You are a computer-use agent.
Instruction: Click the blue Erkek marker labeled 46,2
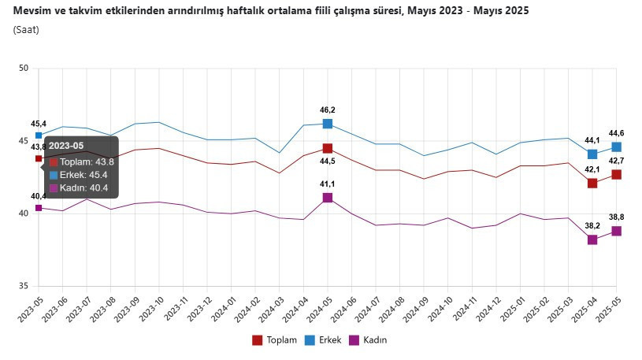pos(327,124)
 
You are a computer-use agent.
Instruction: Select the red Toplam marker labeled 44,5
pos(327,148)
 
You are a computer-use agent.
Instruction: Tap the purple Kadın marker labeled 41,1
pos(327,198)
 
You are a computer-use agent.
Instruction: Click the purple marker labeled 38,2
pos(592,239)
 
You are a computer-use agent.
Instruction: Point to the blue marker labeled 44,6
pos(616,147)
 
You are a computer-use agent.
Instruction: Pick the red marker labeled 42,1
pos(592,183)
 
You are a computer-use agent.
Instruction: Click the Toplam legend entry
pos(274,340)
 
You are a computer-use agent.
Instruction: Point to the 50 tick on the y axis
pos(23,69)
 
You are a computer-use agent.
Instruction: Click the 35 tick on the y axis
pos(23,286)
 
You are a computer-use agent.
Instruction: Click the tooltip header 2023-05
pos(65,147)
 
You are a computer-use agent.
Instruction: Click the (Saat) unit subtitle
pos(26,30)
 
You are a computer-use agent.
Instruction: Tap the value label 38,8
pos(618,217)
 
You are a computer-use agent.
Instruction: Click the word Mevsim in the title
pos(31,11)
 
